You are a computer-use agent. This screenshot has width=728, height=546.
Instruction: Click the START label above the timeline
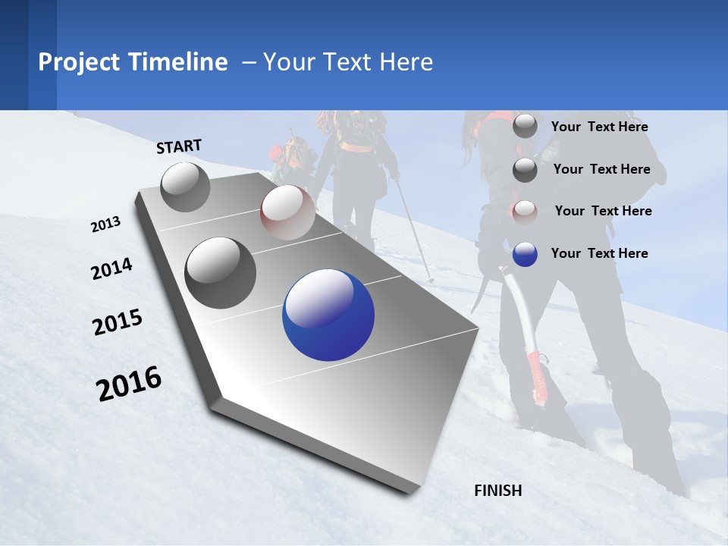tap(179, 146)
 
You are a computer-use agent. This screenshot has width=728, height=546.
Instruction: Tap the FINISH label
tap(498, 491)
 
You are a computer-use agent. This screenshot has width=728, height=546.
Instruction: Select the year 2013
tap(106, 224)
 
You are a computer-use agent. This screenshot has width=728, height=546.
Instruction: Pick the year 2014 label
tap(111, 269)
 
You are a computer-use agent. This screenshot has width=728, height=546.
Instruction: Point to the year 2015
tap(118, 322)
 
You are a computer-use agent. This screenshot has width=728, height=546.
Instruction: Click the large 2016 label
tap(129, 384)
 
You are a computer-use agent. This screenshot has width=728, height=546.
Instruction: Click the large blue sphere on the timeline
tap(328, 315)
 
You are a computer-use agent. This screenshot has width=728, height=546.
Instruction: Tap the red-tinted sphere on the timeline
tap(287, 212)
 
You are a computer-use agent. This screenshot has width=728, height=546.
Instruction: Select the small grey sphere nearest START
tap(185, 187)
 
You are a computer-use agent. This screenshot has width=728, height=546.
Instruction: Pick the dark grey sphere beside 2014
tap(221, 273)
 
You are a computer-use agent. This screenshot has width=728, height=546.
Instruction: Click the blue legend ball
tap(525, 254)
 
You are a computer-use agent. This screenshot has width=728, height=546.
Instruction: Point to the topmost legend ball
tap(525, 127)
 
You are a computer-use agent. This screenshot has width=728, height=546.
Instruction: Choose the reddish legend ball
tap(525, 212)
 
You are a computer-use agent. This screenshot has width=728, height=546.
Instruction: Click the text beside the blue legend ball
tap(600, 253)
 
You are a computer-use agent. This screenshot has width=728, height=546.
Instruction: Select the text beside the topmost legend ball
tap(600, 127)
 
